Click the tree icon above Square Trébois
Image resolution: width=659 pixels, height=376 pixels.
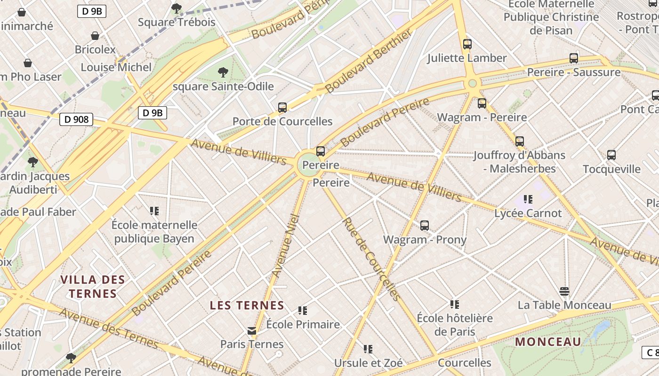(x=177, y=8)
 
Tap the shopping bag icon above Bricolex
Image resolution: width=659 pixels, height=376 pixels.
(x=95, y=36)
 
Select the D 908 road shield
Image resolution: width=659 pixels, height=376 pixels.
(x=76, y=119)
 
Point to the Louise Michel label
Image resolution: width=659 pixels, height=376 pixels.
(x=116, y=67)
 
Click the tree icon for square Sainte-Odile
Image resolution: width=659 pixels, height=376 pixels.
(x=223, y=72)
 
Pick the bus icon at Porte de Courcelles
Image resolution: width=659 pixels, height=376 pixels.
(x=282, y=108)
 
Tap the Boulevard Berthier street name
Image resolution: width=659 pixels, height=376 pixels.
(x=369, y=61)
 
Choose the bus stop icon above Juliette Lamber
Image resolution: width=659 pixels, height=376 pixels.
(x=467, y=44)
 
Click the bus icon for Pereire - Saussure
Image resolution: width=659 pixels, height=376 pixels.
(x=574, y=58)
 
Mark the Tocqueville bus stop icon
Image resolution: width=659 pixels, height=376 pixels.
(x=611, y=155)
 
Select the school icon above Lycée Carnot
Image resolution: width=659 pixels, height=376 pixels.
(x=528, y=199)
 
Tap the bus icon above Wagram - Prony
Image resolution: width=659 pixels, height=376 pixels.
(x=425, y=226)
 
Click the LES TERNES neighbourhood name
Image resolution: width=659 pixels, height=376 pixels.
(x=247, y=305)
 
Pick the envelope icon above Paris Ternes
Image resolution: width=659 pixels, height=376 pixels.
(x=252, y=331)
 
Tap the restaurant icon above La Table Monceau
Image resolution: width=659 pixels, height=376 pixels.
(x=564, y=291)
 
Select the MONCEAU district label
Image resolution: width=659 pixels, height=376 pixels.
(x=548, y=342)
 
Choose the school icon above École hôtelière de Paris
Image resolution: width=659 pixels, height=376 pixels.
(x=454, y=304)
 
